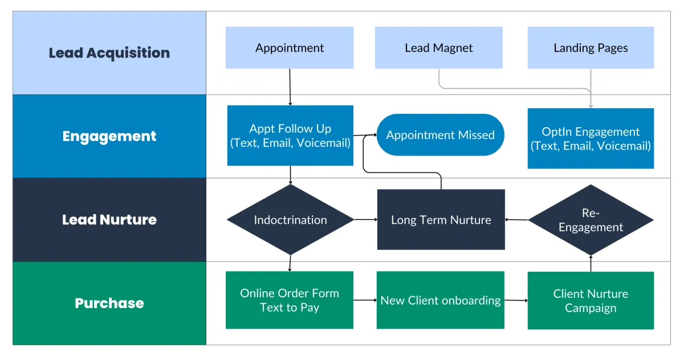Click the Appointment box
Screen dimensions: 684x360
[x=290, y=48]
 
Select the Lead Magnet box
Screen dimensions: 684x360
[x=439, y=48]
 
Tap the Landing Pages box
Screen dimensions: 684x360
[x=591, y=48]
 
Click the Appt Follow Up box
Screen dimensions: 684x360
[x=290, y=136]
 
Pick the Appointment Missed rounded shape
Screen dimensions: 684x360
[x=440, y=135]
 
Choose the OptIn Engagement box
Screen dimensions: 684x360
[x=591, y=138]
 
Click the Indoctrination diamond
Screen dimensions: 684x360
[x=290, y=220]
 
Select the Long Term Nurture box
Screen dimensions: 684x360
[x=441, y=220]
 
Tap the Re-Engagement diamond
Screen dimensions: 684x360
[x=591, y=220]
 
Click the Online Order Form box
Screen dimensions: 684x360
[x=290, y=300]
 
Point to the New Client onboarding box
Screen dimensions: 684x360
[x=440, y=300]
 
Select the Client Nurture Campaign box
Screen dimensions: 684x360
[x=591, y=301]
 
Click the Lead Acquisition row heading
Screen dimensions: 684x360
[x=109, y=53]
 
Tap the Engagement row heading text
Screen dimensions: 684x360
[x=109, y=136]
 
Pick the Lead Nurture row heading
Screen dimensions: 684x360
[x=109, y=220]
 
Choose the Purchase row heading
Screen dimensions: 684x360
[x=109, y=303]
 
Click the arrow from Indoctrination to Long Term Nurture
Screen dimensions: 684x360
[x=366, y=219]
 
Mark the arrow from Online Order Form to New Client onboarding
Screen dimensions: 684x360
[x=365, y=300]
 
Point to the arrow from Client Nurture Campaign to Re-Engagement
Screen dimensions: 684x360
[x=591, y=263]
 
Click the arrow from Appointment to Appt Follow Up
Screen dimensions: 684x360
[x=290, y=87]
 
